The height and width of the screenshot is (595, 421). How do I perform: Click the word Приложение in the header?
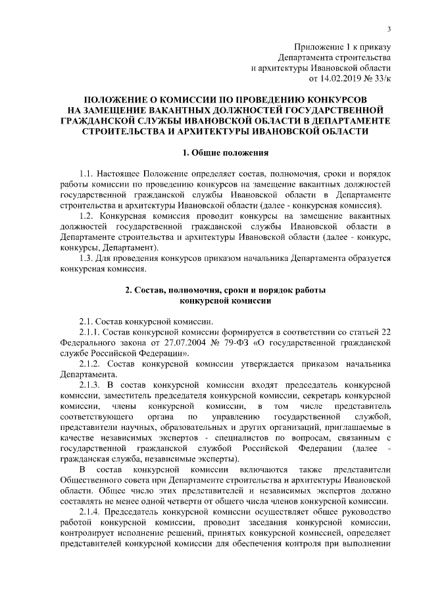(x=316, y=46)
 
